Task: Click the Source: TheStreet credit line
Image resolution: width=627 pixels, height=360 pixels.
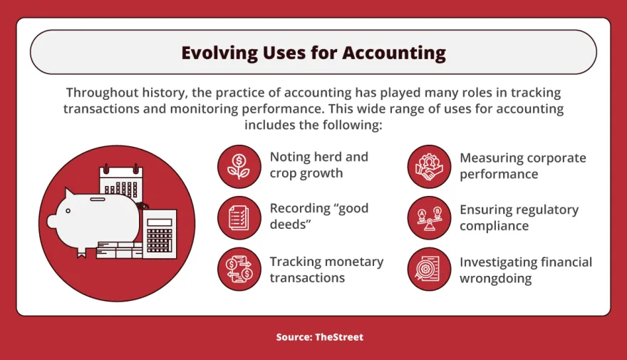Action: [319, 336]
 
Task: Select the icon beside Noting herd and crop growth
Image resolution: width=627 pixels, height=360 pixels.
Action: [239, 166]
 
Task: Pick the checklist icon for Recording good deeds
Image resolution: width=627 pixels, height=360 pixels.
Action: [239, 217]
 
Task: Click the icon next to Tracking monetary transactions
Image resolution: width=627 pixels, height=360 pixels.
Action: [239, 269]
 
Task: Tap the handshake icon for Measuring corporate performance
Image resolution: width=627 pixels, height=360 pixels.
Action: [429, 166]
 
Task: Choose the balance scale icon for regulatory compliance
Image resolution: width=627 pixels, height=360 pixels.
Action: [429, 217]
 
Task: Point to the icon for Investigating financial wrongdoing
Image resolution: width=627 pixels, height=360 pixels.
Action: [429, 269]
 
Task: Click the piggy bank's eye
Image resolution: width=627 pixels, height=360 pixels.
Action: [68, 211]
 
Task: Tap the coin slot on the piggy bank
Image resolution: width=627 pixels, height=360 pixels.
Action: [98, 199]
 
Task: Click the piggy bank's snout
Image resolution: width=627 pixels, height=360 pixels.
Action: [52, 222]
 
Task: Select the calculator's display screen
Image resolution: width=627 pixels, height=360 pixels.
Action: [159, 222]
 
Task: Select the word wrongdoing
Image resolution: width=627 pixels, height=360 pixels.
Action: [495, 279]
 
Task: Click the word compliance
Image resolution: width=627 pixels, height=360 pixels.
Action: [494, 226]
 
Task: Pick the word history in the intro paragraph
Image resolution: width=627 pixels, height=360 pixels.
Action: [165, 93]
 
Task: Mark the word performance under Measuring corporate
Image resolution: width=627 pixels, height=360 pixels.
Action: [499, 175]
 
